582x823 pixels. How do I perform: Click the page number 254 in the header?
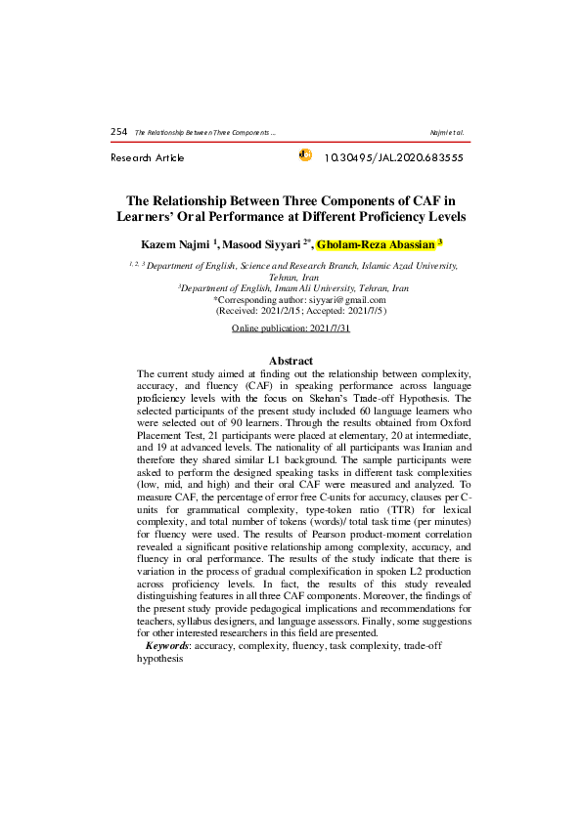coord(119,131)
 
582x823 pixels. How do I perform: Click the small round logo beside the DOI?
coord(303,155)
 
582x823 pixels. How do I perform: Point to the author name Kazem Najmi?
coord(170,242)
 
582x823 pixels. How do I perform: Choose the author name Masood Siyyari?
coord(262,242)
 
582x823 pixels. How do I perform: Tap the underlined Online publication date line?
coord(291,329)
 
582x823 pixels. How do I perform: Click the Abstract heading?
coord(291,362)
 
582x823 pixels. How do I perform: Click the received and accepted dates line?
coord(291,311)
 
